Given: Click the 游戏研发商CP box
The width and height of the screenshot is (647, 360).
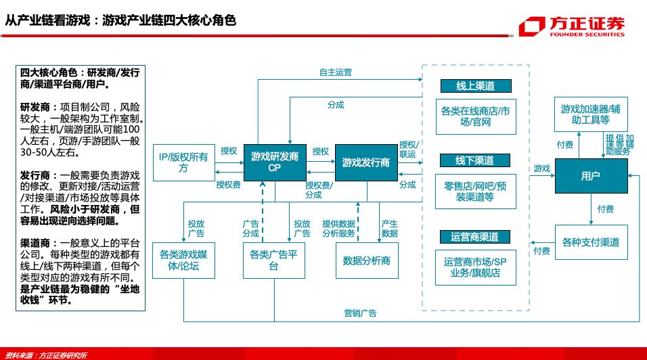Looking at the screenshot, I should coord(274,162).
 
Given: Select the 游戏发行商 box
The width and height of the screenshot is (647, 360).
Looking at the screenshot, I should coord(365,162).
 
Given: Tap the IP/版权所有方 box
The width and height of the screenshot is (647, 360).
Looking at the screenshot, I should coord(183,162).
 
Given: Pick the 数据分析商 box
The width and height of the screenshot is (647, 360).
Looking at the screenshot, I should coord(366,261).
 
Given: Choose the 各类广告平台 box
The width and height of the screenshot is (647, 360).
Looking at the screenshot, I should coord(274,261).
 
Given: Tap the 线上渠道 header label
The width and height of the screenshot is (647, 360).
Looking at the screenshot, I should coord(475,86).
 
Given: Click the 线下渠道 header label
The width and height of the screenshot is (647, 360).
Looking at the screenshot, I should coord(475,160).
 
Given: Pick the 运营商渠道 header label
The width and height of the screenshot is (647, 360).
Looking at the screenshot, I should coord(475,236).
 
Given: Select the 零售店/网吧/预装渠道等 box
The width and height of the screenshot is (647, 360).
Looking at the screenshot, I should coord(475,192).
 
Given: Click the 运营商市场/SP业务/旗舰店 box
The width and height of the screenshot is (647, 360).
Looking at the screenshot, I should coord(475,267).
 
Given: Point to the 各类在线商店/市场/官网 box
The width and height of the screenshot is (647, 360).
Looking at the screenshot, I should coord(475,116).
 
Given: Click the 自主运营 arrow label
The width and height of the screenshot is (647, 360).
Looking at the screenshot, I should coord(335,71).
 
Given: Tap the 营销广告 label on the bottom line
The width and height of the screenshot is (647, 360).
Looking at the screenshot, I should coord(360,313).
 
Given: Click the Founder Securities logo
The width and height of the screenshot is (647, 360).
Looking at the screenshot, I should coord(572,26).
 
